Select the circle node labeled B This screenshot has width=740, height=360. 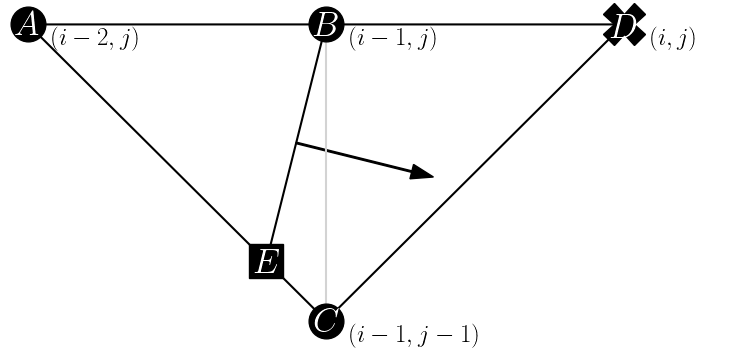(x=326, y=24)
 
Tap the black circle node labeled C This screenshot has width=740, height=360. (x=326, y=322)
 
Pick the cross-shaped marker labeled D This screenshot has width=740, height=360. (x=625, y=24)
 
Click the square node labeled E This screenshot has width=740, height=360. (x=266, y=262)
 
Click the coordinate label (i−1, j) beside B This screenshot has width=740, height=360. (x=392, y=40)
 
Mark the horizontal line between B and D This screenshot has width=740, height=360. (x=470, y=24)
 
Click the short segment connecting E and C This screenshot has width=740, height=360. (x=296, y=292)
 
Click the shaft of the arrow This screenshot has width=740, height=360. (x=355, y=158)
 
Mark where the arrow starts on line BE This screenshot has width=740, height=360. (x=297, y=144)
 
